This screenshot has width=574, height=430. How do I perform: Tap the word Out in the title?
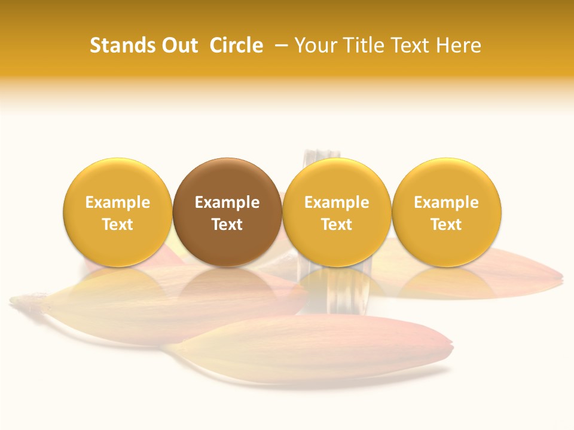[x=178, y=45]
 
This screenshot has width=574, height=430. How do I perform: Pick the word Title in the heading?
[x=361, y=45]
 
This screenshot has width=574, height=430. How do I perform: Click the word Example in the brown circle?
[x=227, y=202]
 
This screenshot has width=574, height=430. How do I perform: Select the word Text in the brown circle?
[x=227, y=225]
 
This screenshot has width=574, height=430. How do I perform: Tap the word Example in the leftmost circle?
[x=118, y=202]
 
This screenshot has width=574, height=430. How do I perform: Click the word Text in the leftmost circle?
[x=118, y=225]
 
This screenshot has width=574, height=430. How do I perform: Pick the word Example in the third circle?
[x=337, y=202]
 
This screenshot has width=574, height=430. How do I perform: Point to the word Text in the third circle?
[x=337, y=225]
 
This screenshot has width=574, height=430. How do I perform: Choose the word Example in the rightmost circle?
[x=447, y=202]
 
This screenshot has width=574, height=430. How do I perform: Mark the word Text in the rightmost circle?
[x=447, y=225]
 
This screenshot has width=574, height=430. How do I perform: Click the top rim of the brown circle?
[x=227, y=159]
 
